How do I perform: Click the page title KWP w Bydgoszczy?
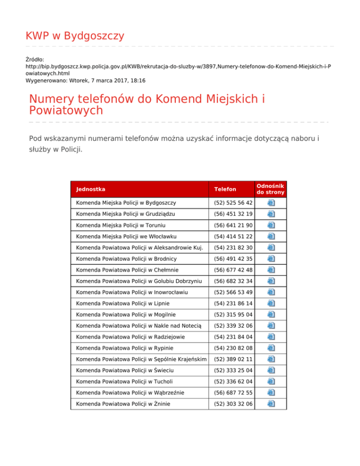pos(75,36)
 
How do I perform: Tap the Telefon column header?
pos(225,189)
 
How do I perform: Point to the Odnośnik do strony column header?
pos(270,189)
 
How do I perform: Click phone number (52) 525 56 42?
pos(233,203)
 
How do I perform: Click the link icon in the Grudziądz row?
pos(271,214)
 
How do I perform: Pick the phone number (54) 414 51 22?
pos(233,236)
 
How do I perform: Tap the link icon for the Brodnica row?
pos(271,258)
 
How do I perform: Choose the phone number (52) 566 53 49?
pos(233,292)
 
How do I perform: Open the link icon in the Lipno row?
pos(271,303)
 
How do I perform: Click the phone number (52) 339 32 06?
pos(233,325)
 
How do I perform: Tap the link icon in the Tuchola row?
pos(271,381)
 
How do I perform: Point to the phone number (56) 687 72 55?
pos(233,392)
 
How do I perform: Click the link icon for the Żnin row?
pos(271,403)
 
